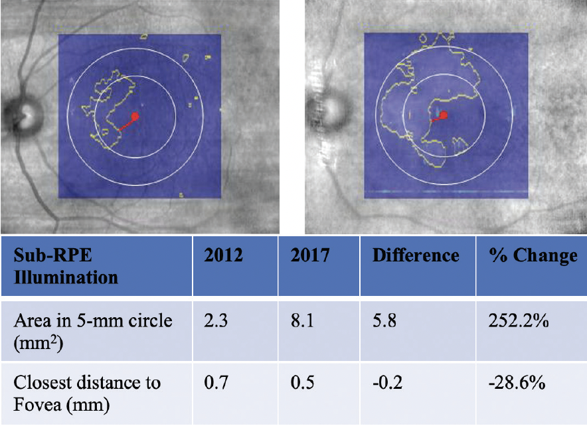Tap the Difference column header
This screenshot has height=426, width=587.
(x=416, y=256)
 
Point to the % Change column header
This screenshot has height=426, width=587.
(x=532, y=256)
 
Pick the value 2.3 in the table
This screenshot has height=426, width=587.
(x=214, y=321)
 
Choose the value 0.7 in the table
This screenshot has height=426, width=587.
(x=214, y=384)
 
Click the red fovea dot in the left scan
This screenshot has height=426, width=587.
(x=135, y=116)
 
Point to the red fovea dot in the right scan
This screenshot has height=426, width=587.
(x=443, y=115)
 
